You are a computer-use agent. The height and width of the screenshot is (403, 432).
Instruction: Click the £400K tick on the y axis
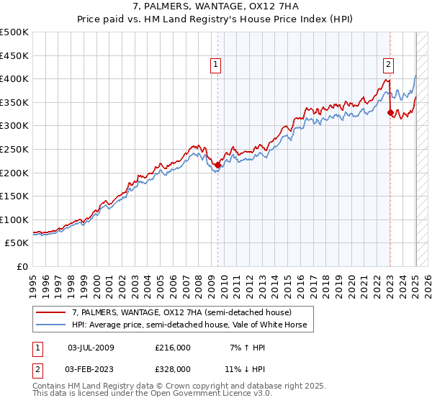[x=14, y=78]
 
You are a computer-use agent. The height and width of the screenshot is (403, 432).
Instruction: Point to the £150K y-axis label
[x=14, y=196]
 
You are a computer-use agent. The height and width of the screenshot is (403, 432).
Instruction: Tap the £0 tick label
[x=23, y=267]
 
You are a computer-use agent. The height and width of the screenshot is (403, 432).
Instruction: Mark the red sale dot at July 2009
[x=217, y=166]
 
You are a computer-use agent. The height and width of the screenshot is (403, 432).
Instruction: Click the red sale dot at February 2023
[x=390, y=112]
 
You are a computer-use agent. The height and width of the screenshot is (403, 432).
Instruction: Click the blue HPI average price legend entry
[x=189, y=325]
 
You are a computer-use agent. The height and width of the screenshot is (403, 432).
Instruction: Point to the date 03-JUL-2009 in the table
[x=91, y=348]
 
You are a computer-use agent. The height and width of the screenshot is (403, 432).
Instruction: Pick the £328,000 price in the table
[x=172, y=368]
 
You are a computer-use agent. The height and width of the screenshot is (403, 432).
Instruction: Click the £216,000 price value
[x=172, y=348]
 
